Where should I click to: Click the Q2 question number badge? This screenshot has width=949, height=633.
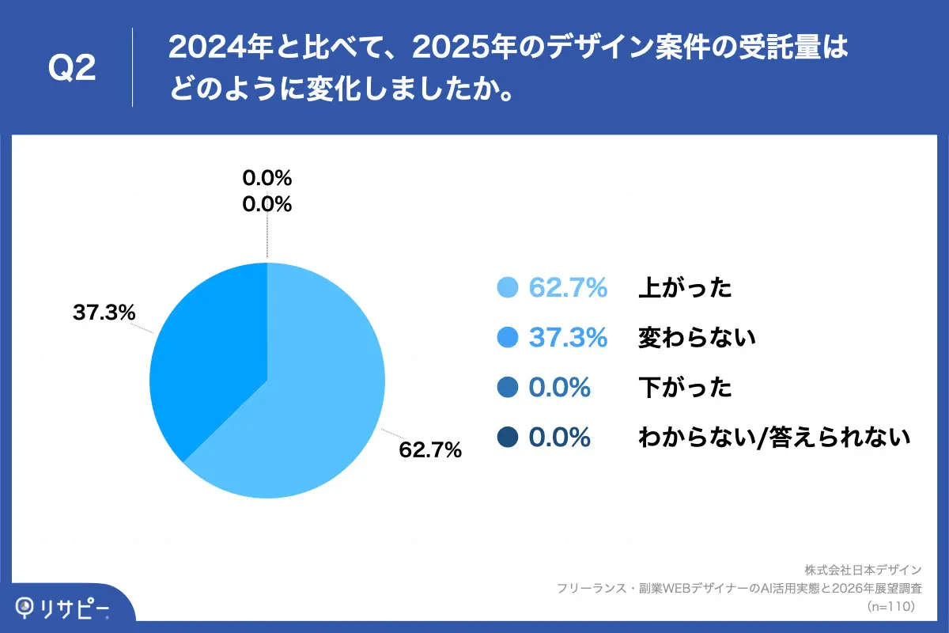[x=72, y=69]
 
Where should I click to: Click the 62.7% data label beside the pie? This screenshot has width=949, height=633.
[x=430, y=450]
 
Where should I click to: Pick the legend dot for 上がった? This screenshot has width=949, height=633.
[x=507, y=288]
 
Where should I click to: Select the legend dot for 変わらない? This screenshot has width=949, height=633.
[x=507, y=338]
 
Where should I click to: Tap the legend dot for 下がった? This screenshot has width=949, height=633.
[x=507, y=388]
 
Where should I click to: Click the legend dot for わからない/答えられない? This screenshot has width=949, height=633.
[x=507, y=437]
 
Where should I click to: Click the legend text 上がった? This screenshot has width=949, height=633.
[x=685, y=288]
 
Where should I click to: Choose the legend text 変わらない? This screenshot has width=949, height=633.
[x=697, y=338]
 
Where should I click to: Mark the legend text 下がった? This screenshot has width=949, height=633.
[x=685, y=388]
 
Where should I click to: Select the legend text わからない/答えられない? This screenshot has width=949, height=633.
[x=774, y=437]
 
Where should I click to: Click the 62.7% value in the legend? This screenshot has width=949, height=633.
[x=568, y=288]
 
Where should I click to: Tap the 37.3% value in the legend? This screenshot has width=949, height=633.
[x=568, y=338]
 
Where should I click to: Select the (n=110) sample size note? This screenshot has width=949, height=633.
[x=891, y=607]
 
